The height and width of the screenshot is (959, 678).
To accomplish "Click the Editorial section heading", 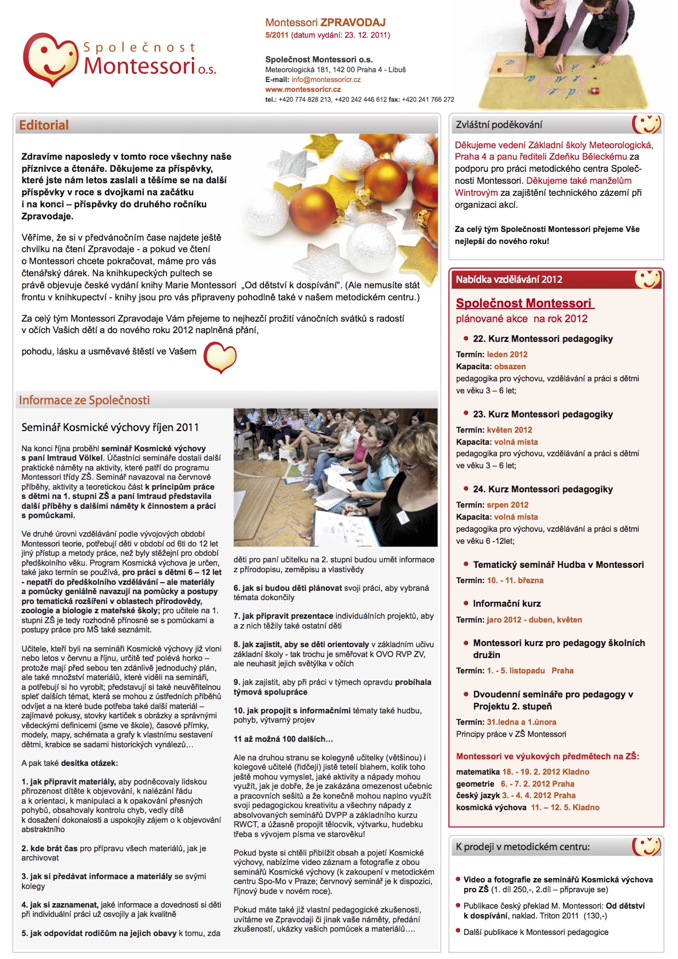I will click(x=44, y=125).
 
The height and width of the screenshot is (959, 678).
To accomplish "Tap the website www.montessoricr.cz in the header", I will click(x=303, y=89).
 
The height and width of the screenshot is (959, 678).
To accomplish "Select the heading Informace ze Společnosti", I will click(x=84, y=400).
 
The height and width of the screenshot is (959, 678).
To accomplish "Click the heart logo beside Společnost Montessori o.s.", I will click(x=50, y=59).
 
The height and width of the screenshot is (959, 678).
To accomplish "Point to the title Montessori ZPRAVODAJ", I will click(x=325, y=22).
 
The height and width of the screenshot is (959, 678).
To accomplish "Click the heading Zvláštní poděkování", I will click(x=499, y=125).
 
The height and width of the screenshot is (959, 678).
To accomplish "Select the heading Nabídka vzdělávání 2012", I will click(x=508, y=280).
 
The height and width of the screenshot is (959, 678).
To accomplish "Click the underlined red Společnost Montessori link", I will click(x=524, y=303).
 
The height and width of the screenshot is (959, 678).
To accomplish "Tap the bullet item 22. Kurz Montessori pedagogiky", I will click(x=542, y=339).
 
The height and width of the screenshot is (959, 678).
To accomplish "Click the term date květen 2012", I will click(x=509, y=430).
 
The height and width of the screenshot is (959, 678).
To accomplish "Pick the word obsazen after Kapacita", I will click(x=510, y=367).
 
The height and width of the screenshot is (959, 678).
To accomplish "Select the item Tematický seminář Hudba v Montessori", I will click(x=558, y=565).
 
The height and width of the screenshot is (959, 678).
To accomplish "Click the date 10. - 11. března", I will click(x=515, y=580).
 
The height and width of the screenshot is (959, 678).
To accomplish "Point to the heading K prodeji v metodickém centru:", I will click(x=523, y=847).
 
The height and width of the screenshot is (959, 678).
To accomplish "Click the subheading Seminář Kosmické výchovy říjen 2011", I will click(x=110, y=427).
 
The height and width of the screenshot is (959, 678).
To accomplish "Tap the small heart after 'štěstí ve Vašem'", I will click(x=220, y=357).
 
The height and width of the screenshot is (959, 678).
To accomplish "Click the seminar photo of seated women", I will click(x=335, y=477).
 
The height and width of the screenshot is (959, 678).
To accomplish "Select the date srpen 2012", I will click(x=507, y=505).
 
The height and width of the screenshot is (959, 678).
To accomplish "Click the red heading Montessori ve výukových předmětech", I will click(x=547, y=756).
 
